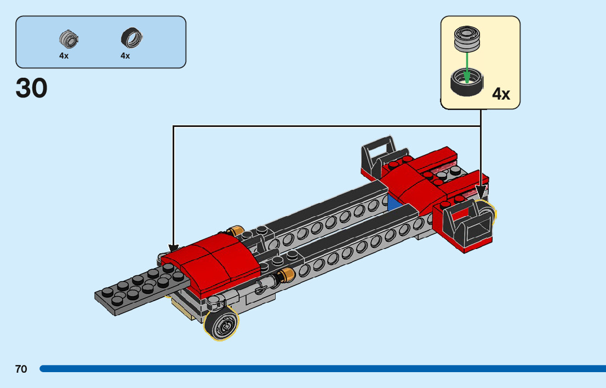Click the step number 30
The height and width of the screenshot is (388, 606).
pyautogui.click(x=32, y=88)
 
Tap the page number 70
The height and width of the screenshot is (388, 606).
pyautogui.click(x=21, y=369)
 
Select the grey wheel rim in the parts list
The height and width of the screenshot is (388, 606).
pyautogui.click(x=69, y=39)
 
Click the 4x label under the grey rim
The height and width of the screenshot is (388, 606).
pyautogui.click(x=64, y=56)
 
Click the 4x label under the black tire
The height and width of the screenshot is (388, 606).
pyautogui.click(x=125, y=56)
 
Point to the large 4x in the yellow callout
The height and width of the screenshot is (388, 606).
pyautogui.click(x=501, y=94)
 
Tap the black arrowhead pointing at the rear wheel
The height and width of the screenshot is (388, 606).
pyautogui.click(x=481, y=193)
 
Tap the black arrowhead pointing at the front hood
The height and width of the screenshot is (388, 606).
pyautogui.click(x=174, y=249)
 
